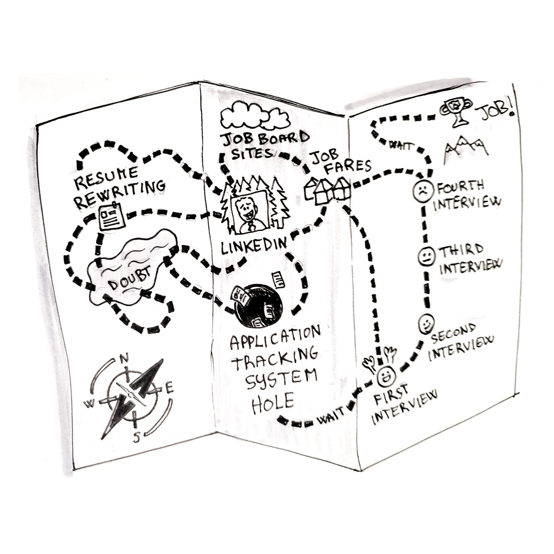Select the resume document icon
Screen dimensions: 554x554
111,216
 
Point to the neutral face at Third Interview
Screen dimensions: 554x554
425,256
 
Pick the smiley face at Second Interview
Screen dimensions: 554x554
427,323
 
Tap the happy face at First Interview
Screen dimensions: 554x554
387,376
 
